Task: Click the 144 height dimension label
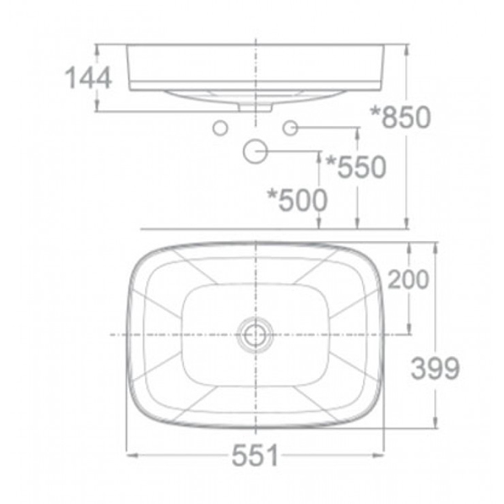tap(88, 77)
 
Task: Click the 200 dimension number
tap(410, 280)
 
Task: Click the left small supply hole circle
tap(220, 128)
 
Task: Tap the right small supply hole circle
tap(291, 128)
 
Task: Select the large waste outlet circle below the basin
tap(255, 151)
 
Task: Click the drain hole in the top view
tap(255, 334)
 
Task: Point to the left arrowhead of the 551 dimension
tap(131, 456)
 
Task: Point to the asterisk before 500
tap(272, 194)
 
